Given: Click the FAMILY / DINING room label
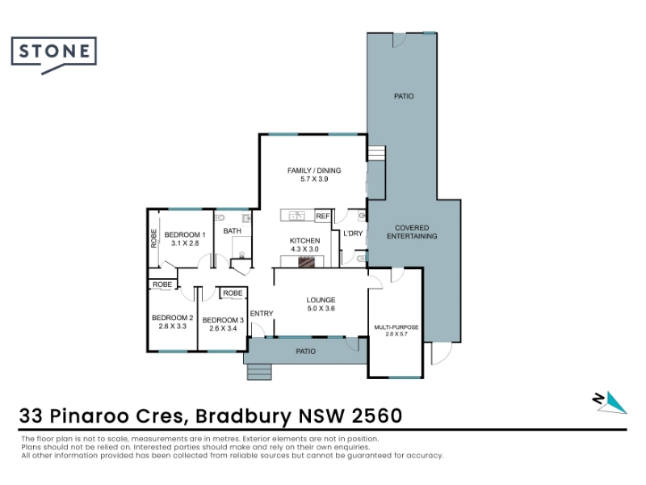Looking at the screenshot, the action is [x=314, y=171].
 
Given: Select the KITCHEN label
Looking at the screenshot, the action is [x=304, y=240].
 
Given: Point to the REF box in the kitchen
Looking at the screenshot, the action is [x=323, y=216].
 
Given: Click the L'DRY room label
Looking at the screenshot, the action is [x=353, y=234].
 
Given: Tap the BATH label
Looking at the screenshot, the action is [x=232, y=231].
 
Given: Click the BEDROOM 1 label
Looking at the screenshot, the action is [x=185, y=234].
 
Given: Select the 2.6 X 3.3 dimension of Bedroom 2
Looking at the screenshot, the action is [x=172, y=327].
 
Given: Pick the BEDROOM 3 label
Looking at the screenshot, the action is [x=223, y=320].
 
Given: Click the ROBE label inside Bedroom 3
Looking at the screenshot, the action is [x=233, y=293].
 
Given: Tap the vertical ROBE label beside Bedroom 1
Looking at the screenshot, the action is [x=153, y=238].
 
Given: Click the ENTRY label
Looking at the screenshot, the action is [x=262, y=314].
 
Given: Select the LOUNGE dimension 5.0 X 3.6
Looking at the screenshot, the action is [x=321, y=309].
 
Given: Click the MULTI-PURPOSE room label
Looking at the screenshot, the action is [x=396, y=327].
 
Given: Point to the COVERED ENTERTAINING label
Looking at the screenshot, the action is [x=412, y=232].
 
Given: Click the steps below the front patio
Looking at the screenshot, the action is [x=259, y=372].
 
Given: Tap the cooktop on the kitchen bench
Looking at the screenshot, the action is [x=307, y=262].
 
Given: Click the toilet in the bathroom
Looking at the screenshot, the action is [x=219, y=217].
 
